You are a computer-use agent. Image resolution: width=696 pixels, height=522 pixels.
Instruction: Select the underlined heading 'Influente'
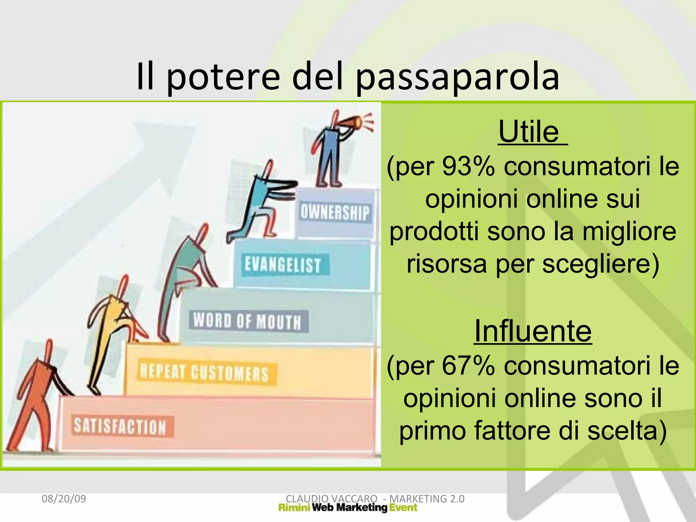tap(533, 331)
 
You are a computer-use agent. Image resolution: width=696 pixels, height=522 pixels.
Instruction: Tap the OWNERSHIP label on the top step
tap(334, 213)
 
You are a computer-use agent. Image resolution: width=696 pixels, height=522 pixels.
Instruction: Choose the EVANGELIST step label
tap(283, 265)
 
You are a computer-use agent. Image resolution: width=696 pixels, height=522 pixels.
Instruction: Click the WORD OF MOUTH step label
tap(247, 321)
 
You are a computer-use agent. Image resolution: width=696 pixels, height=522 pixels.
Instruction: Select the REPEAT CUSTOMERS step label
tap(205, 373)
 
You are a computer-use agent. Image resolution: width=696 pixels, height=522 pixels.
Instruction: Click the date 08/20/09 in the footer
tap(64, 499)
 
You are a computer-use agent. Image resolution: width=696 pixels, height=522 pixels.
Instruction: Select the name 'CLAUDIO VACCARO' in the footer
tap(331, 499)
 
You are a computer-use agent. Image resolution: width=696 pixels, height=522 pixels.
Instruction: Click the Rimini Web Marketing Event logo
tap(348, 508)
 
